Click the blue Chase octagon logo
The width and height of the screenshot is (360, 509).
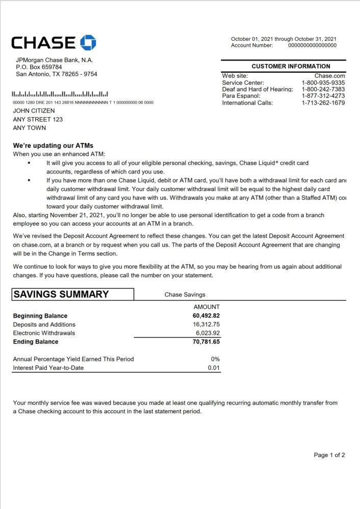click(x=88, y=43)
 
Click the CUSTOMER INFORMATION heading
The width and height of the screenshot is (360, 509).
click(x=291, y=66)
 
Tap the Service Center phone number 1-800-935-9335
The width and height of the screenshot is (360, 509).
click(x=323, y=83)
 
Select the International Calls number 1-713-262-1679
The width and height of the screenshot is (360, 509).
click(x=323, y=103)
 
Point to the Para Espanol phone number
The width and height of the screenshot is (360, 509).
click(x=323, y=96)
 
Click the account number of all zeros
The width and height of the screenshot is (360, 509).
click(x=312, y=45)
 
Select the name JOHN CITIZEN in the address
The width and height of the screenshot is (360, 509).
click(x=34, y=111)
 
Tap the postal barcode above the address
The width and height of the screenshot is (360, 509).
click(x=60, y=94)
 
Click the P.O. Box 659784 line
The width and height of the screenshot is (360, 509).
click(x=39, y=67)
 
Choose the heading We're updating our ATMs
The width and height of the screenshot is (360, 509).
click(x=53, y=146)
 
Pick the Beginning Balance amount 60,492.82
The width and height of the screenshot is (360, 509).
click(x=203, y=316)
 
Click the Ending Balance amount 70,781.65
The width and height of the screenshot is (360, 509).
click(x=203, y=342)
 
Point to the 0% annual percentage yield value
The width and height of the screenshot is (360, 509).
click(x=215, y=359)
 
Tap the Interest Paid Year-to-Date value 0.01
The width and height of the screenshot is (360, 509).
click(x=214, y=368)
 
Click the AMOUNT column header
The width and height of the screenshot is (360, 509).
click(x=207, y=307)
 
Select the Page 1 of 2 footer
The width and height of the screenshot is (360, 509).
click(x=329, y=455)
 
